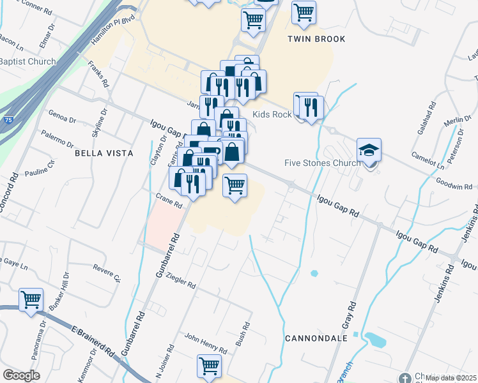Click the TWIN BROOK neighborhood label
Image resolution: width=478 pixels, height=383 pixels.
coord(316,39)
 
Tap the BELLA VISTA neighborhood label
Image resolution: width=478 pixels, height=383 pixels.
coord(104,153)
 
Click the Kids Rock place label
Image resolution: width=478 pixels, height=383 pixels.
coord(272,114)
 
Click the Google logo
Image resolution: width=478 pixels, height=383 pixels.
coord(21,375)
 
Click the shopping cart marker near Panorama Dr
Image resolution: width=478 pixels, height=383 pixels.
coord(31,299)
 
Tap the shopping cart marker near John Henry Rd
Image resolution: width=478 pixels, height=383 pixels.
coord(209,366)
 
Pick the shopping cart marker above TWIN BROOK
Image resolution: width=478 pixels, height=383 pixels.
coord(304,11)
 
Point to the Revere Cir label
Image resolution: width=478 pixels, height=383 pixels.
coord(106,273)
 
